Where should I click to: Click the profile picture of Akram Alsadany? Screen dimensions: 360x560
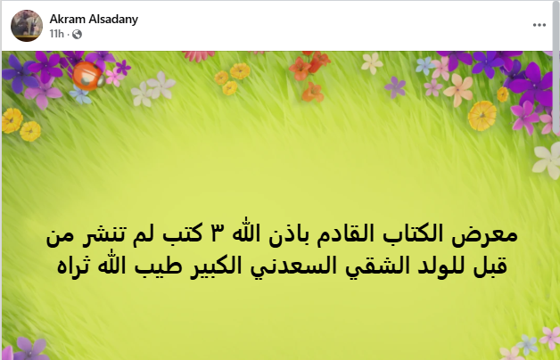point(26,24)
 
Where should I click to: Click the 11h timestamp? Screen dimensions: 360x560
point(56,34)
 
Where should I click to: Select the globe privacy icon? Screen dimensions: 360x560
point(77,34)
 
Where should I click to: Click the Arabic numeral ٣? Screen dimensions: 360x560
point(219,236)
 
